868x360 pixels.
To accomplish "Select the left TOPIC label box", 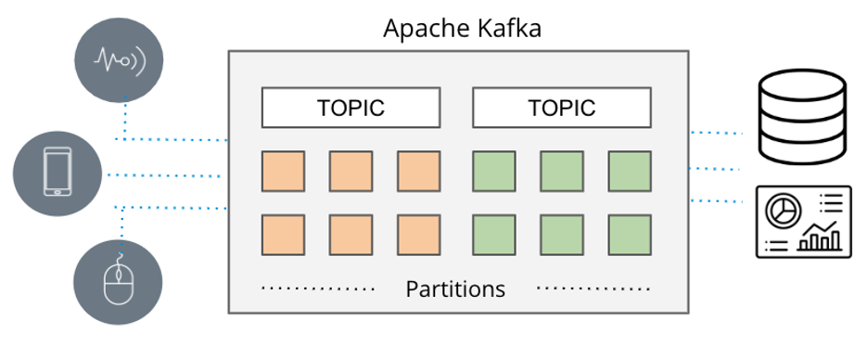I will click(x=351, y=108).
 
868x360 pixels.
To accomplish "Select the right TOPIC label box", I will click(x=562, y=108).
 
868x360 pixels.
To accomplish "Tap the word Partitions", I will click(x=455, y=289).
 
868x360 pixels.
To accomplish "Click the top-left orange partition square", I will click(x=284, y=172).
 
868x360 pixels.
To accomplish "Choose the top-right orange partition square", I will click(x=419, y=172).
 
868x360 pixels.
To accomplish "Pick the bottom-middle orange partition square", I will click(x=351, y=235).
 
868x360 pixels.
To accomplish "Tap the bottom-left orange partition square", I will click(x=284, y=235).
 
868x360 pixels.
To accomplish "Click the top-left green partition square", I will click(x=495, y=172).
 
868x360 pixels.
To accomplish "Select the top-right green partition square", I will click(x=631, y=172).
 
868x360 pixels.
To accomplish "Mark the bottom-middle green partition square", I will click(x=563, y=235).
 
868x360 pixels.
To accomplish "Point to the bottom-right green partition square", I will click(x=631, y=235).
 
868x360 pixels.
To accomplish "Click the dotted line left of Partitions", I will click(x=318, y=289).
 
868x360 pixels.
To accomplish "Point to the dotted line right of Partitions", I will click(x=594, y=289).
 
